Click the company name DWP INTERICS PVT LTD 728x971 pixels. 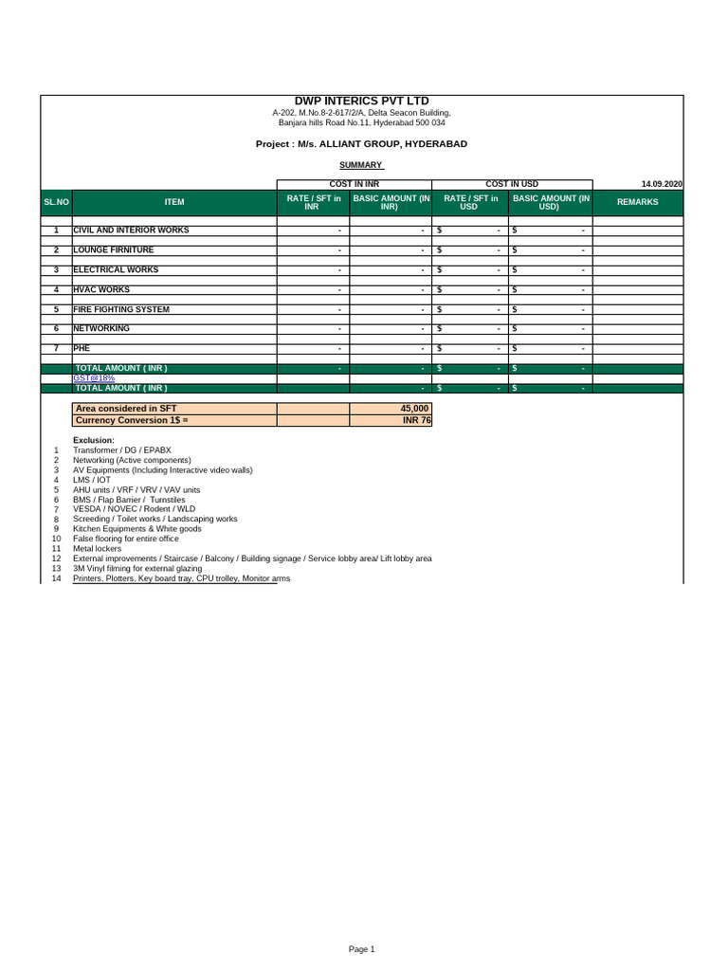pos(361,101)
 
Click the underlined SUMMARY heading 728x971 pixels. pos(361,165)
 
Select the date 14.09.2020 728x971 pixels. pos(662,184)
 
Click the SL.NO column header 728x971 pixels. pos(57,202)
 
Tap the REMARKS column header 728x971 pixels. pos(637,202)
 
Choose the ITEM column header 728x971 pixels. pos(174,202)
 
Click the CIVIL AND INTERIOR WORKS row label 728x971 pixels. pos(131,230)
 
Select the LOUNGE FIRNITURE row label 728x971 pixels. pos(114,250)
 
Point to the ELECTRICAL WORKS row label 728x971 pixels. pos(116,270)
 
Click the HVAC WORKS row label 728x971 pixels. pos(101,289)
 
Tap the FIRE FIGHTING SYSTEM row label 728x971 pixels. pos(121,309)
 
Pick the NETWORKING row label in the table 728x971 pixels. pos(101,328)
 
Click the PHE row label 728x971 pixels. pos(82,348)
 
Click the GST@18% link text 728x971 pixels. pos(94,378)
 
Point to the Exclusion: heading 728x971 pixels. pos(94,441)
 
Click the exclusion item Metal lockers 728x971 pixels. pos(97,549)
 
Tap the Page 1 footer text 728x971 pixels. pos(362,949)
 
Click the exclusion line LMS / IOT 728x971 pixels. pos(92,480)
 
